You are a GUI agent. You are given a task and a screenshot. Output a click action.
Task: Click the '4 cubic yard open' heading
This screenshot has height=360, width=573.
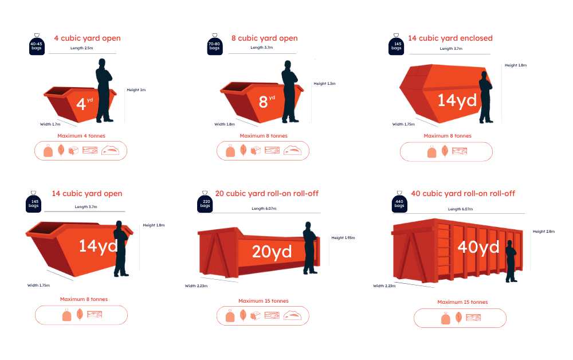(87, 38)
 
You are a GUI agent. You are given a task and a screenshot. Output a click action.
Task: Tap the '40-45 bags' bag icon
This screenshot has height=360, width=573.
(37, 44)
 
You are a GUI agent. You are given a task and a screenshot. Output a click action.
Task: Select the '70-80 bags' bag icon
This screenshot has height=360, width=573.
(215, 44)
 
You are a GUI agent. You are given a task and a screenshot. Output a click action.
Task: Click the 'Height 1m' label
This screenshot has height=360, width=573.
(136, 90)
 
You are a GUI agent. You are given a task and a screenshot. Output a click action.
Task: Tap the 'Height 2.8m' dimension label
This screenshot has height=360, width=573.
(544, 232)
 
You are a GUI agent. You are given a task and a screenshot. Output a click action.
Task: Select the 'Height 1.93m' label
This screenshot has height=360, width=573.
(343, 237)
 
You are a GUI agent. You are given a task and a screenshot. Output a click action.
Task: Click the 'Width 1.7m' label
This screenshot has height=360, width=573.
(50, 124)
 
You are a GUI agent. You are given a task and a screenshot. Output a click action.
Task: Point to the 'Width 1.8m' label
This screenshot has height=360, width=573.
(225, 124)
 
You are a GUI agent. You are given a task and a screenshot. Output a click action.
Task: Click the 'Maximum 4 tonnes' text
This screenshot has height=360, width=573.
(81, 136)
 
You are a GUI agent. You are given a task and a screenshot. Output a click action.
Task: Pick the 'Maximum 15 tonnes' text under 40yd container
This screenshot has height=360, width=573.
(462, 302)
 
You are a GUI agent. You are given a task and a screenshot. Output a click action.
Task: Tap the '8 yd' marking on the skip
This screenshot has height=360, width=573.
(267, 101)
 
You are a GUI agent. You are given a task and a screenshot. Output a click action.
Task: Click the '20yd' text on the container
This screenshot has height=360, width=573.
(272, 252)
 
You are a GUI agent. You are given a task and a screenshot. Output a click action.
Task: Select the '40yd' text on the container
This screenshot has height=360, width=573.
(478, 247)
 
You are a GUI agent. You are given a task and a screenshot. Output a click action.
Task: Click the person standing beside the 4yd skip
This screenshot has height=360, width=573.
(104, 90)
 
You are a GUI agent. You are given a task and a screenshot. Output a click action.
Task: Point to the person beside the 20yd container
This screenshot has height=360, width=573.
(310, 248)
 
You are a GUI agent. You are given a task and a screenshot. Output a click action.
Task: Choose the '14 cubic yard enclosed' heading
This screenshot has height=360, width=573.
(450, 38)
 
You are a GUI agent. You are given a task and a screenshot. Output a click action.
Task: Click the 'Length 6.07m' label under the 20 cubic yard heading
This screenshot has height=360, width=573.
(264, 208)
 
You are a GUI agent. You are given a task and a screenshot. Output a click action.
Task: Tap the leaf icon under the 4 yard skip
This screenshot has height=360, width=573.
(61, 150)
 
